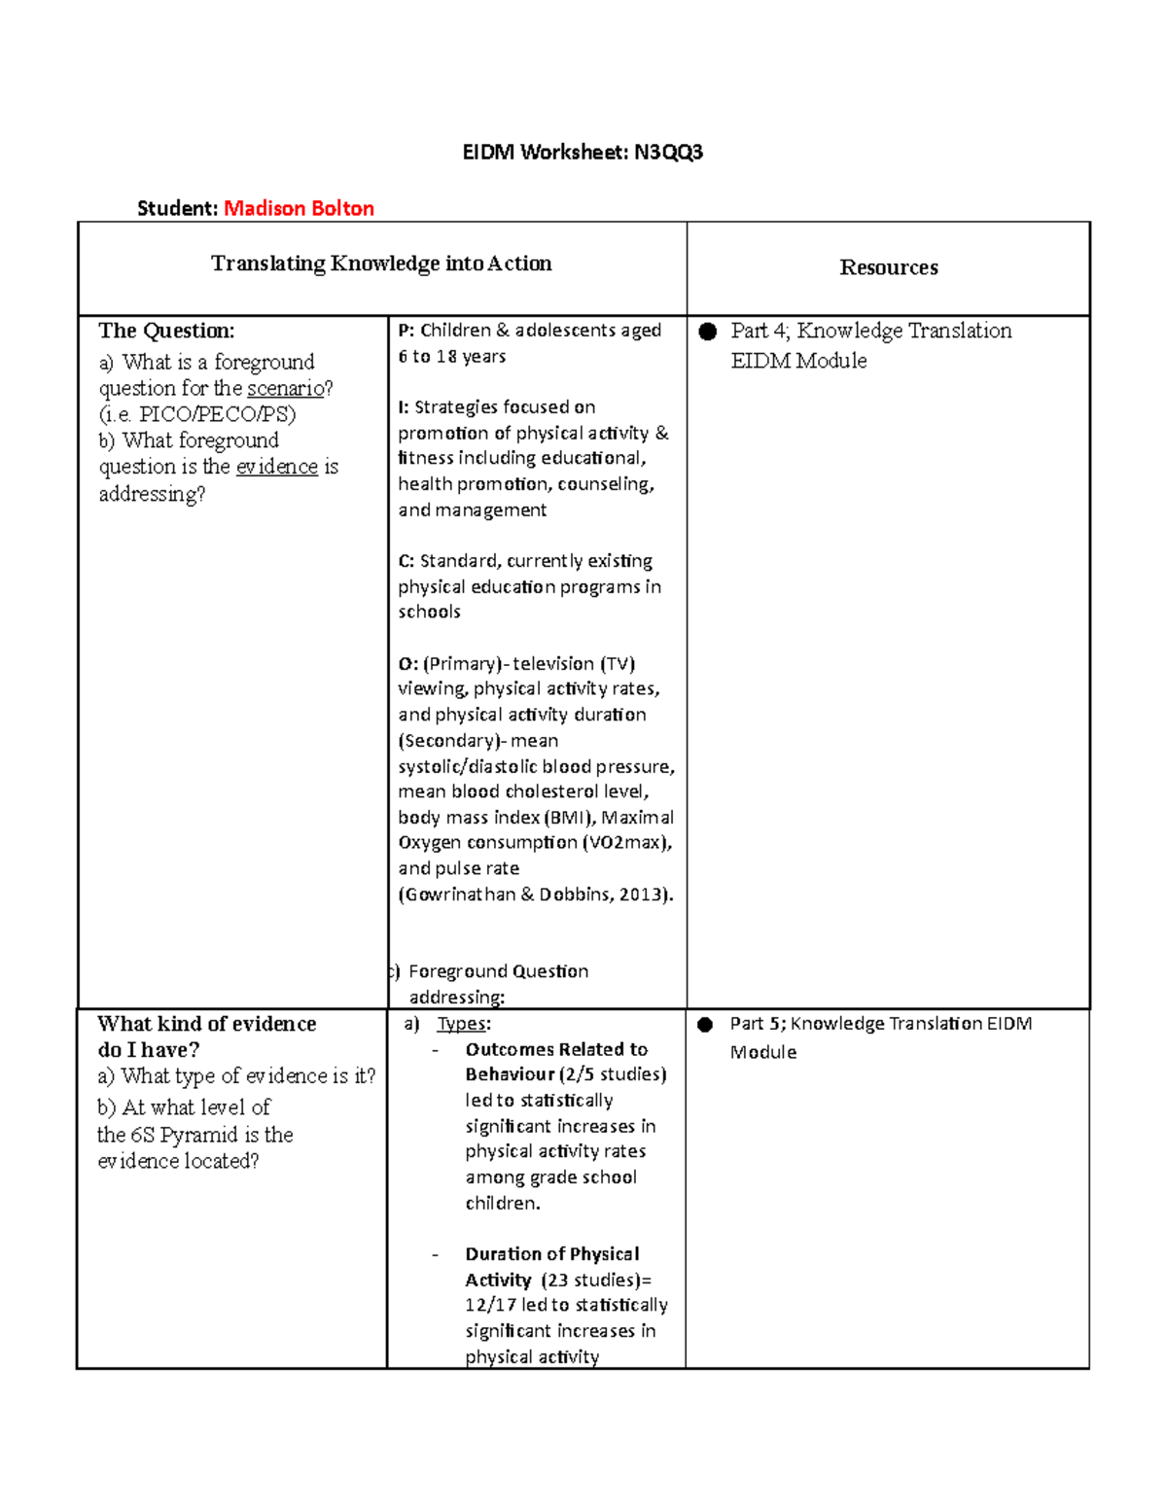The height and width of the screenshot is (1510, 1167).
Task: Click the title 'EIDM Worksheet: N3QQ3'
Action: click(582, 152)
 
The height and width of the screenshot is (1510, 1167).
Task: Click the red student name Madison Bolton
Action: click(299, 208)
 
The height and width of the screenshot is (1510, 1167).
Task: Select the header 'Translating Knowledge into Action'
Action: click(381, 263)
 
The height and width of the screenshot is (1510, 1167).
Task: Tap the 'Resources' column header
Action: click(888, 267)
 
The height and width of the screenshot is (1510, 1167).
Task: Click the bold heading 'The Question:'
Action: click(166, 331)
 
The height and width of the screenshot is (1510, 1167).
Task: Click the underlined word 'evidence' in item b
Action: click(276, 467)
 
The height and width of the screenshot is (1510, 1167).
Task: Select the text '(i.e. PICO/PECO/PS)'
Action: click(197, 414)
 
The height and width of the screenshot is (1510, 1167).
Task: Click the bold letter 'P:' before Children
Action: click(407, 331)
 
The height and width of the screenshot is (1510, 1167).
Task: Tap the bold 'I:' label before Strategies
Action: click(404, 407)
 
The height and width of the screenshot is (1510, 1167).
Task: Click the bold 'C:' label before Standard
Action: click(407, 561)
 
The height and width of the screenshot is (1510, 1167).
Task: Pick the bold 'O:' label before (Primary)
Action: click(407, 664)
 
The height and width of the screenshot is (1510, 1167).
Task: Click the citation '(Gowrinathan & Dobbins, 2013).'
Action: click(535, 895)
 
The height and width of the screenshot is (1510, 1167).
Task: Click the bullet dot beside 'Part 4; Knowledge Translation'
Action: click(708, 332)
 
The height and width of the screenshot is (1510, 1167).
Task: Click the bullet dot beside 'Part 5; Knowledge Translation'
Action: click(707, 1025)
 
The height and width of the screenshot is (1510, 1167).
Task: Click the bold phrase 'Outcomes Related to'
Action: click(556, 1049)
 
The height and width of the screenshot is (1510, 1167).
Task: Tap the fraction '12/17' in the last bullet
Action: click(490, 1305)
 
